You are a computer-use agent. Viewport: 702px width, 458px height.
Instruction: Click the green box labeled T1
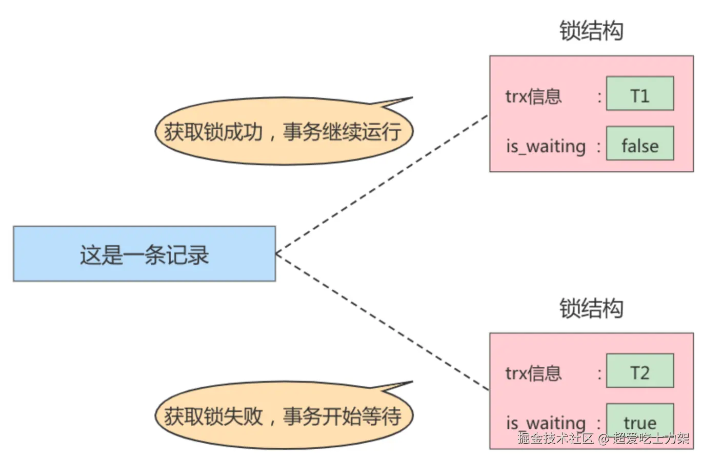click(639, 94)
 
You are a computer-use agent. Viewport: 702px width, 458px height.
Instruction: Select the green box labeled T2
click(639, 371)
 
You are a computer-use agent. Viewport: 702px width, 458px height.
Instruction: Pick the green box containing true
click(639, 422)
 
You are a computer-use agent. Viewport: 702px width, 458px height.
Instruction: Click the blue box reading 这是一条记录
click(144, 254)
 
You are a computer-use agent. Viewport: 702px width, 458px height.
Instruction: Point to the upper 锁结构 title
click(591, 32)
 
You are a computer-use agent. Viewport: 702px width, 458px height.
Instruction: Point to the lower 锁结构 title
click(591, 309)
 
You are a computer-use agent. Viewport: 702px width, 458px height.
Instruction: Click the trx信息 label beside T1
click(533, 96)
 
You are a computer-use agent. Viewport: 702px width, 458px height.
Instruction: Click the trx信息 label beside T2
click(533, 373)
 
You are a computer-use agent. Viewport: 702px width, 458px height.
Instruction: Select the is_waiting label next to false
click(546, 147)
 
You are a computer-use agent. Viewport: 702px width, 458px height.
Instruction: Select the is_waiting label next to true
click(546, 424)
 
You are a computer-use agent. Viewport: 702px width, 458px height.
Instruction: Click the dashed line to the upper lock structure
click(382, 184)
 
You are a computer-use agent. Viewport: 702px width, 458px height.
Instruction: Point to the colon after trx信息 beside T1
click(599, 96)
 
